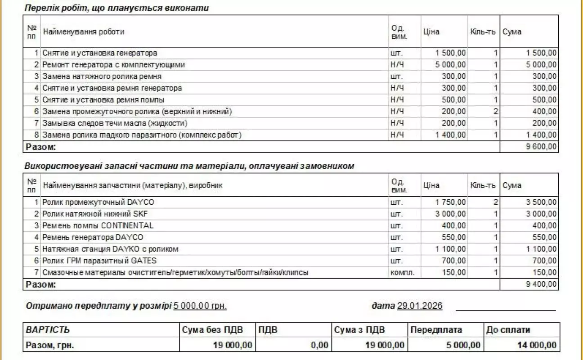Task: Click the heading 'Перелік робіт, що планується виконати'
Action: point(116,8)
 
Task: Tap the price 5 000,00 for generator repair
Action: point(451,65)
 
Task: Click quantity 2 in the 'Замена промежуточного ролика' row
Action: point(495,112)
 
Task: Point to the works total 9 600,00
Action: point(541,147)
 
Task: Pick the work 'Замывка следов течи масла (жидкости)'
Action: point(115,123)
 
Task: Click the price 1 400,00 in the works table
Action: point(451,135)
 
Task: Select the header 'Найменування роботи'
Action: point(83,31)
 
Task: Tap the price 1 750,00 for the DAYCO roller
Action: point(451,202)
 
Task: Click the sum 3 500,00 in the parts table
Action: point(541,202)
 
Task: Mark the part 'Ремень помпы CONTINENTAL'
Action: point(98,225)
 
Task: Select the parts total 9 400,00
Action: point(541,284)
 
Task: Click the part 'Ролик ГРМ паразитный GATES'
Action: point(99,261)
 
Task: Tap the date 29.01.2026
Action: point(419,306)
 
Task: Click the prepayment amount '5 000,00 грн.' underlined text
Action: point(200,306)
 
